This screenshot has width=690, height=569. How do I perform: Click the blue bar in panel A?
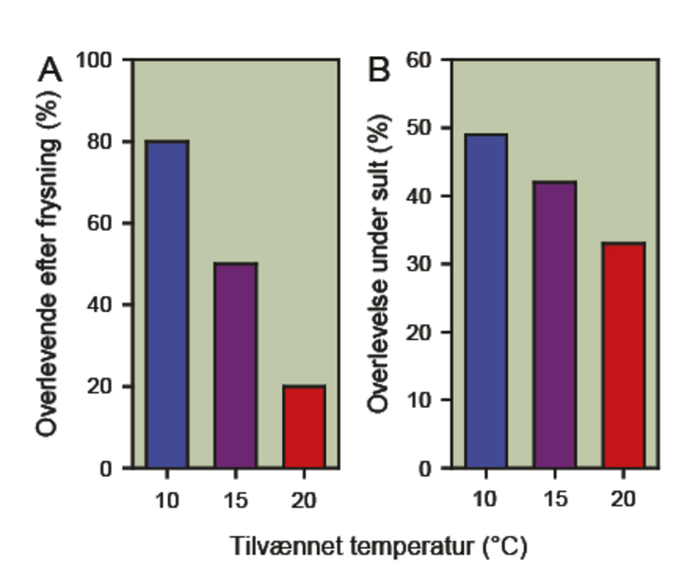pyautogui.click(x=167, y=303)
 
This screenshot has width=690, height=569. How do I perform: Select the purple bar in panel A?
pyautogui.click(x=235, y=365)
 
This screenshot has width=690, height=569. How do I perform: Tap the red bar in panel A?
pyautogui.click(x=303, y=426)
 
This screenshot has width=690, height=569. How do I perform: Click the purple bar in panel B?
pyautogui.click(x=553, y=324)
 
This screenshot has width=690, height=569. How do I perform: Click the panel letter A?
pyautogui.click(x=50, y=70)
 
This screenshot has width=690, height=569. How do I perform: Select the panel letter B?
pyautogui.click(x=379, y=70)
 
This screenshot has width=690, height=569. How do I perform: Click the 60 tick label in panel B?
pyautogui.click(x=420, y=61)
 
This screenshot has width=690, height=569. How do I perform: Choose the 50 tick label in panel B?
pyautogui.click(x=420, y=129)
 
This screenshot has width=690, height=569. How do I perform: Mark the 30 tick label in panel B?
pyautogui.click(x=420, y=265)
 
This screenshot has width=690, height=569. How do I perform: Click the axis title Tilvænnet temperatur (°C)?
pyautogui.click(x=377, y=547)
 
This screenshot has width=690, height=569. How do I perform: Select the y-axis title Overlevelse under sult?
pyautogui.click(x=380, y=265)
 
